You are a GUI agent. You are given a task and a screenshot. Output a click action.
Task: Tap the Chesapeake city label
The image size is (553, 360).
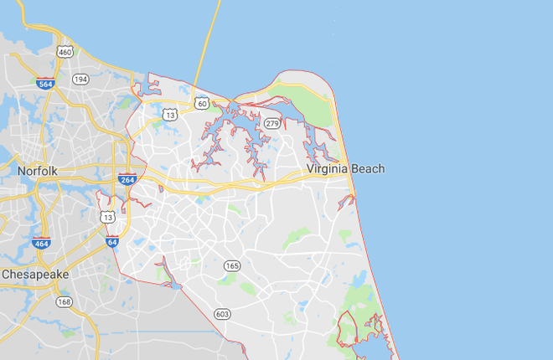click(x=39, y=274)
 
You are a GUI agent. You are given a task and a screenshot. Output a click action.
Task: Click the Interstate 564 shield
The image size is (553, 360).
click(x=46, y=83)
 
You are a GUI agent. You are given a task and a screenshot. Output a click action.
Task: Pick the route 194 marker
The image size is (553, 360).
click(x=80, y=79)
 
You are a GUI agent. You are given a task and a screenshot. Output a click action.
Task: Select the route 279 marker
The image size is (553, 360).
click(x=271, y=124)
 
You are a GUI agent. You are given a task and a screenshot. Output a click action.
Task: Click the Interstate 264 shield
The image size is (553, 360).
click(x=127, y=179)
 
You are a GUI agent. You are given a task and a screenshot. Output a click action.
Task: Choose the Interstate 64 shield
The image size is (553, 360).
click(x=112, y=242)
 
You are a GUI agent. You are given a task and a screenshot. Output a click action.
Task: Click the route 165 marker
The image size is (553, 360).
click(x=231, y=265)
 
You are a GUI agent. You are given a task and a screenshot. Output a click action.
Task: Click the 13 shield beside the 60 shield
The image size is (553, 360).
click(x=170, y=115)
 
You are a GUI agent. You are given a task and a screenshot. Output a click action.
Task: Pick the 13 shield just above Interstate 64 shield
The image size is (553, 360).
click(x=108, y=217)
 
